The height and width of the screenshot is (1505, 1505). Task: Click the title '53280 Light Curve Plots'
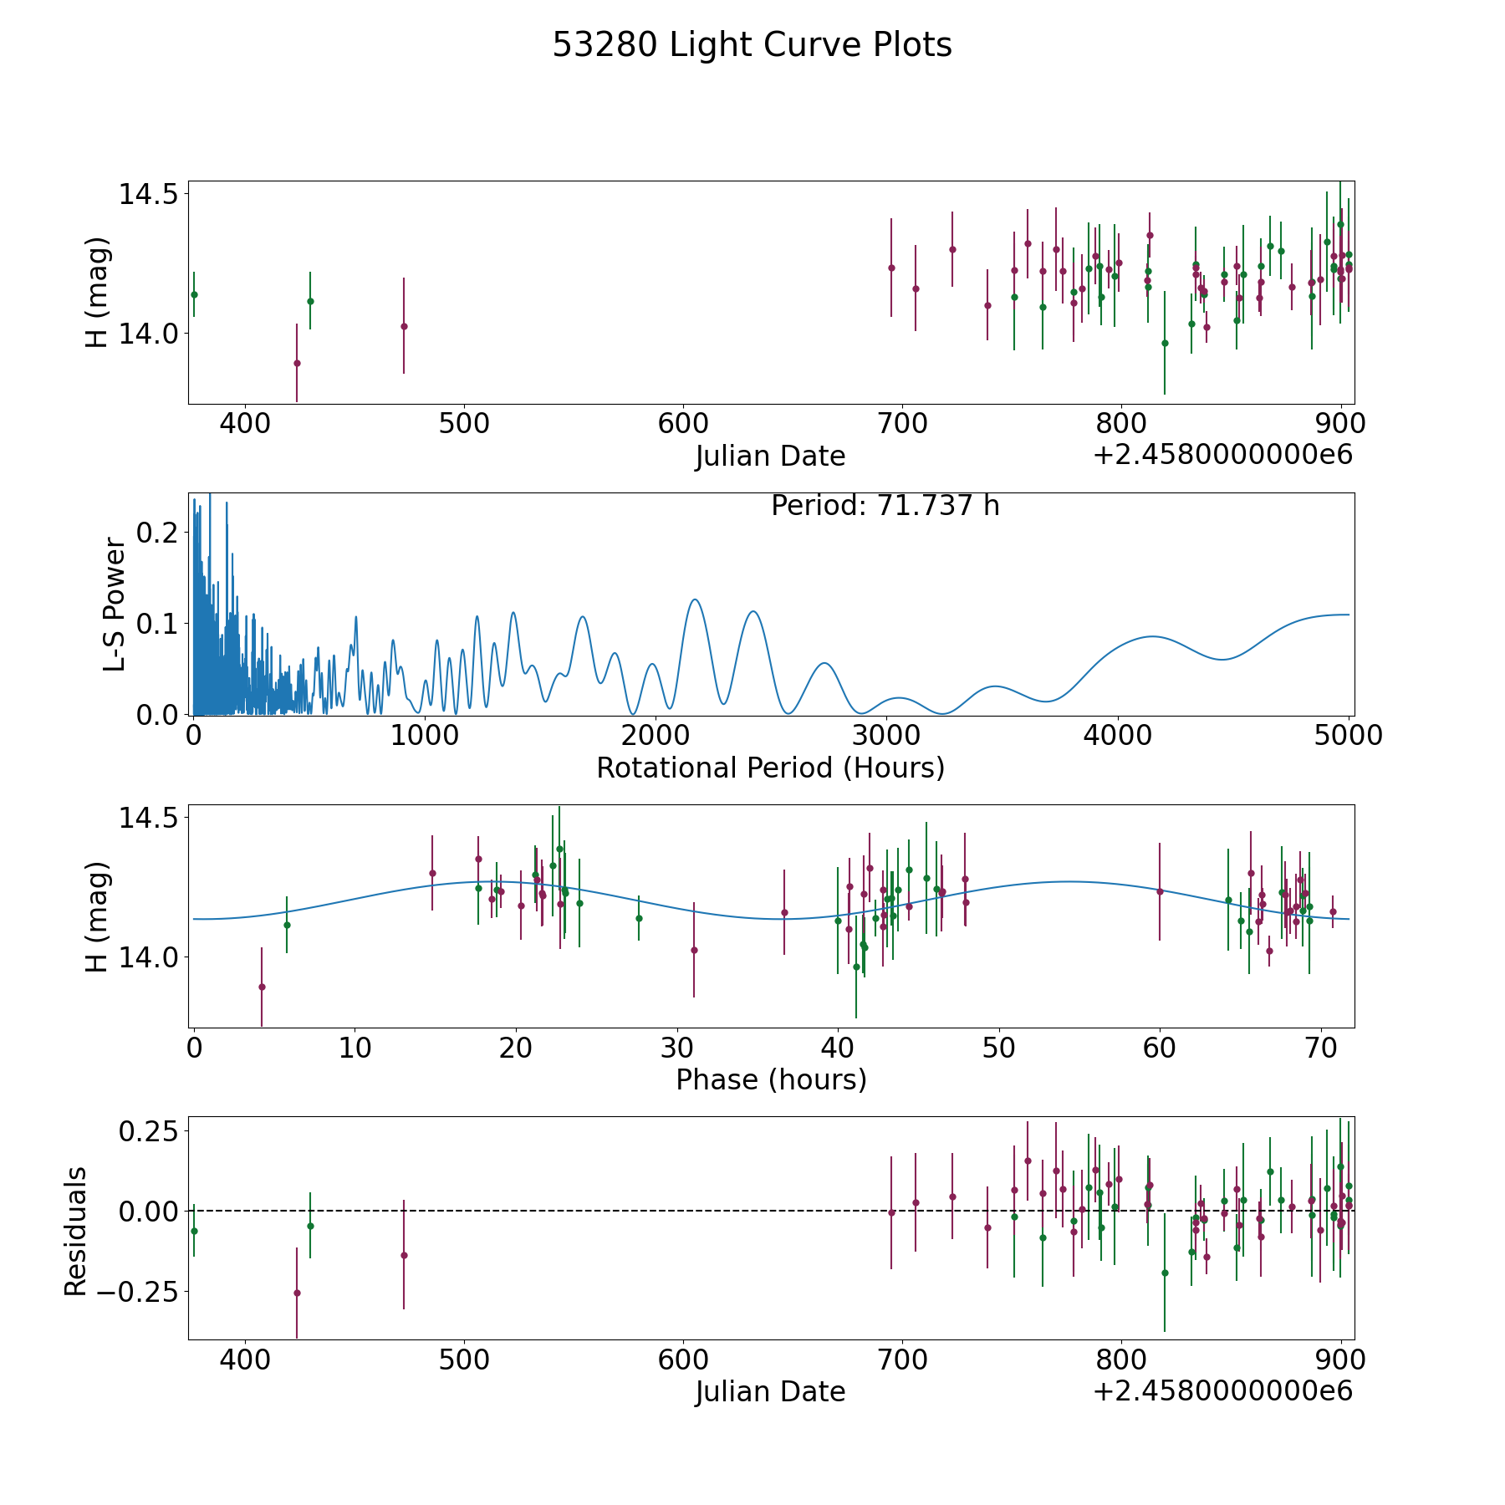pyautogui.click(x=752, y=45)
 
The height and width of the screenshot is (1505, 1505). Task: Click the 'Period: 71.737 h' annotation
pyautogui.click(x=885, y=506)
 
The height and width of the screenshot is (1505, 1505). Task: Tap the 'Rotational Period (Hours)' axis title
pyautogui.click(x=770, y=768)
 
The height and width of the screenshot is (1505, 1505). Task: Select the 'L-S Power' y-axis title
pyautogui.click(x=115, y=605)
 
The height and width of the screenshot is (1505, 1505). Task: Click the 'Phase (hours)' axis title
pyautogui.click(x=770, y=1079)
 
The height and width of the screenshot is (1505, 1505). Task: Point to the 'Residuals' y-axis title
pyautogui.click(x=76, y=1232)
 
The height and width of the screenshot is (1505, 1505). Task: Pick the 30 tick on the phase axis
pyautogui.click(x=677, y=1048)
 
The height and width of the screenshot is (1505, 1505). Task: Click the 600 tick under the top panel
pyautogui.click(x=683, y=424)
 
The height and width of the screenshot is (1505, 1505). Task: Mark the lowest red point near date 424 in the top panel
pyautogui.click(x=297, y=363)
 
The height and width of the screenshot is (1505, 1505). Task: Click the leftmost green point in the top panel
pyautogui.click(x=194, y=294)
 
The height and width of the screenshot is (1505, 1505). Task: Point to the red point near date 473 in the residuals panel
pyautogui.click(x=404, y=1255)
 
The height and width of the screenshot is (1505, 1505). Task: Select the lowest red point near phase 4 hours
pyautogui.click(x=262, y=987)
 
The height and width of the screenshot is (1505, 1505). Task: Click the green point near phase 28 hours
pyautogui.click(x=639, y=918)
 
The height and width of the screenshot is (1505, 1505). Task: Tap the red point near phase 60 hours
pyautogui.click(x=1160, y=891)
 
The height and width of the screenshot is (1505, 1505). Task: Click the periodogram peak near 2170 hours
pyautogui.click(x=694, y=599)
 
